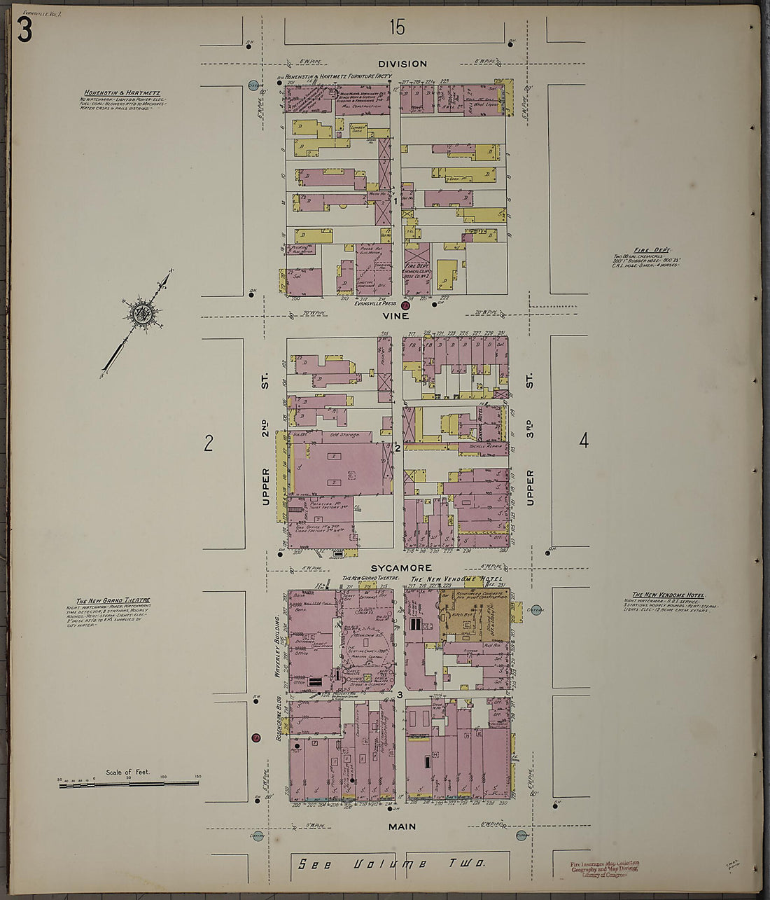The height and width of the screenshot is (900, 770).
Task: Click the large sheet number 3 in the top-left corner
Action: [x=24, y=30]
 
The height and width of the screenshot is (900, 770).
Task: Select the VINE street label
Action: [x=395, y=316]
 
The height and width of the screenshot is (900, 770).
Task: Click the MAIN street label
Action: [x=401, y=826]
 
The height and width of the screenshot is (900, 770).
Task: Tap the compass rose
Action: [x=139, y=314]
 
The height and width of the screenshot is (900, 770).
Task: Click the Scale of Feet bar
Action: [x=129, y=782]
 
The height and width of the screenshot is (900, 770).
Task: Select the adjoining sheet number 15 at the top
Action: [x=397, y=28]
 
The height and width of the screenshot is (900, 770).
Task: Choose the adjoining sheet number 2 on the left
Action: [x=208, y=443]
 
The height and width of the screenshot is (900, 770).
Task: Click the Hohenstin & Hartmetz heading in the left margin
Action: [x=122, y=92]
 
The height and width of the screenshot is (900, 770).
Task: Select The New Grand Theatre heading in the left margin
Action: [x=113, y=601]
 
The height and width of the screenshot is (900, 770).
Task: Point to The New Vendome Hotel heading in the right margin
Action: [x=664, y=595]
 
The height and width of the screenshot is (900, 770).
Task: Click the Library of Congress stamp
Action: [x=604, y=868]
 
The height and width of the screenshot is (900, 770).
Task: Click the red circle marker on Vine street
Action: [x=405, y=305]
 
